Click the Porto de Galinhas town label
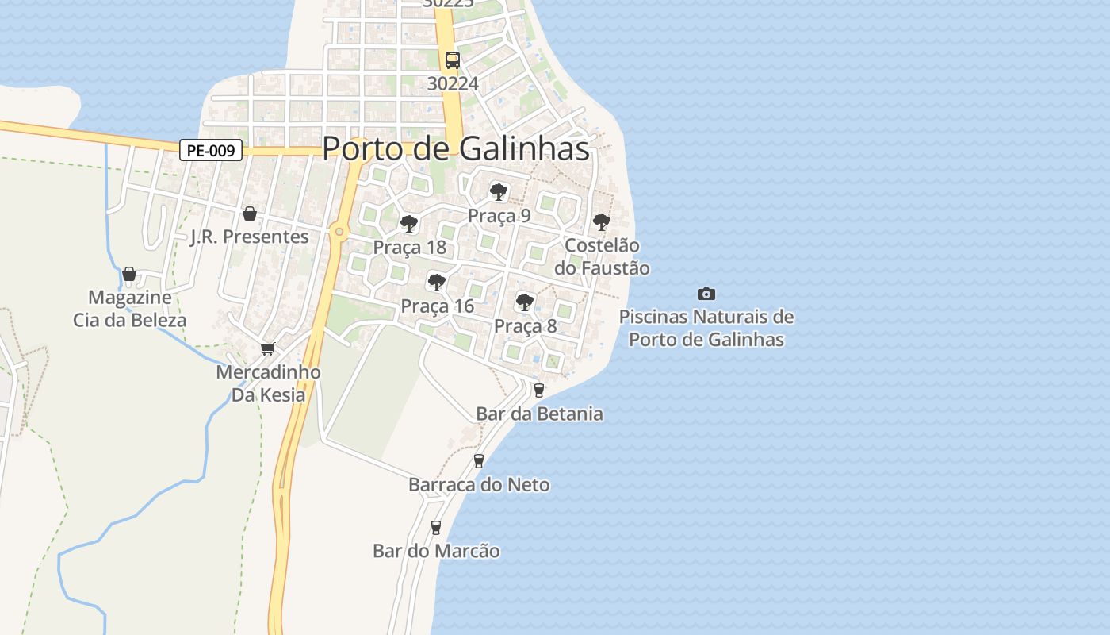pyautogui.click(x=456, y=148)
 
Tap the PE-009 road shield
pyautogui.click(x=210, y=150)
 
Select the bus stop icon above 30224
pyautogui.click(x=452, y=60)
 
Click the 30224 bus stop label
pyautogui.click(x=452, y=83)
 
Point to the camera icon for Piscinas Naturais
pyautogui.click(x=706, y=294)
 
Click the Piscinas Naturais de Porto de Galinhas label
pyautogui.click(x=706, y=328)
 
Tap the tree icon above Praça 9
pyautogui.click(x=498, y=191)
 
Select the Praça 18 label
pyautogui.click(x=409, y=248)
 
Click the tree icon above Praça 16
pyautogui.click(x=436, y=281)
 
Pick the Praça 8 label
pyautogui.click(x=525, y=326)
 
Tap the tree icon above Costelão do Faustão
pyautogui.click(x=602, y=221)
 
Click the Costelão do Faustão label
pyautogui.click(x=607, y=257)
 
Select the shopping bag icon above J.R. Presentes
pyautogui.click(x=250, y=213)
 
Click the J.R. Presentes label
pyautogui.click(x=249, y=237)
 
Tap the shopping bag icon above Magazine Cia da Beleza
pyautogui.click(x=129, y=274)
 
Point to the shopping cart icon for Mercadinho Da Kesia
pyautogui.click(x=268, y=348)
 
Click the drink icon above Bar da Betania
pyautogui.click(x=539, y=390)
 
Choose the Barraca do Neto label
pyautogui.click(x=479, y=484)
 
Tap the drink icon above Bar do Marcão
pyautogui.click(x=435, y=527)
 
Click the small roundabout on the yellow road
pyautogui.click(x=339, y=232)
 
